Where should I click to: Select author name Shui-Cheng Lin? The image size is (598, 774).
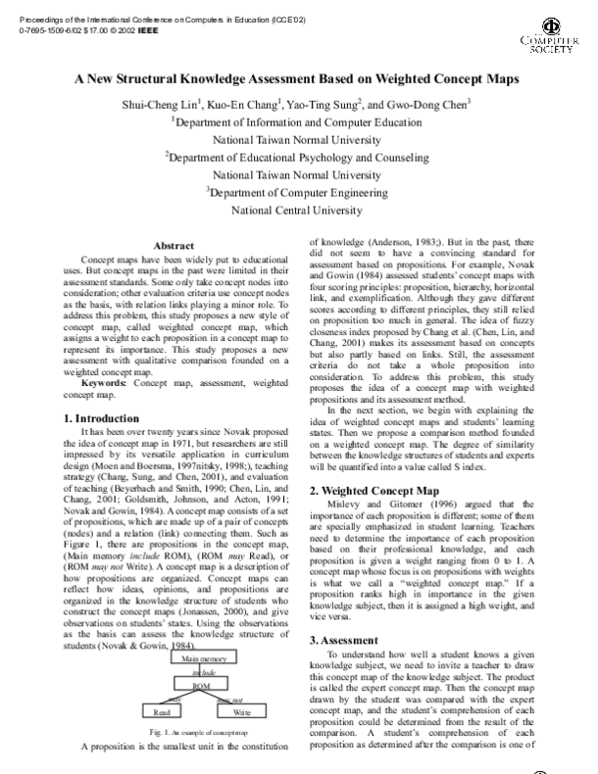point(161,105)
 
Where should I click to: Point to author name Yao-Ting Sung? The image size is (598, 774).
point(330,105)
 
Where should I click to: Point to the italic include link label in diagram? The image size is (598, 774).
point(202,673)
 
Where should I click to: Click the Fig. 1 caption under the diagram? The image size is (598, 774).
point(200,732)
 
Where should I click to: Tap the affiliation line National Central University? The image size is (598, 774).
point(299,210)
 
